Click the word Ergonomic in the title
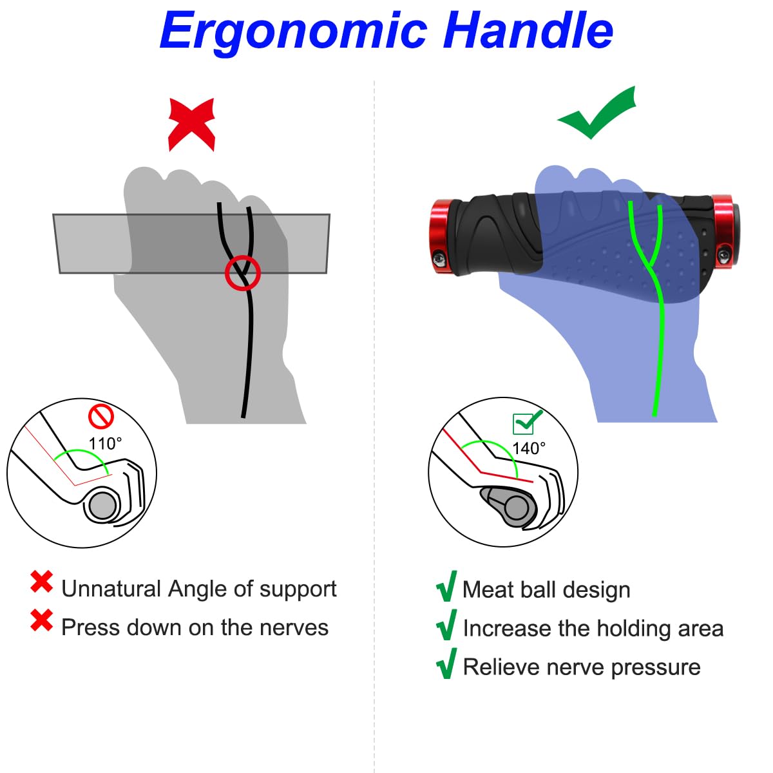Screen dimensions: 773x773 (x=294, y=30)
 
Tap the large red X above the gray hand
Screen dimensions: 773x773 (x=191, y=124)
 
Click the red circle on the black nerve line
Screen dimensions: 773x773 (x=242, y=272)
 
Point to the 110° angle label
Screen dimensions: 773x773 (x=105, y=444)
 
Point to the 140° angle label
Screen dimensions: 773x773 (x=528, y=448)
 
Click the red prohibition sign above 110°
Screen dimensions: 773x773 (x=101, y=416)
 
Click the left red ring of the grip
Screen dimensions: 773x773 (x=443, y=235)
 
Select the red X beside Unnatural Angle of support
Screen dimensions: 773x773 (x=42, y=582)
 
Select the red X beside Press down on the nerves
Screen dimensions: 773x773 (x=42, y=620)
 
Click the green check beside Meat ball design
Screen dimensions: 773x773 (x=446, y=586)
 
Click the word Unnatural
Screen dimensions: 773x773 (x=111, y=589)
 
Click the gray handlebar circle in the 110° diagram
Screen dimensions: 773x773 (x=101, y=506)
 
